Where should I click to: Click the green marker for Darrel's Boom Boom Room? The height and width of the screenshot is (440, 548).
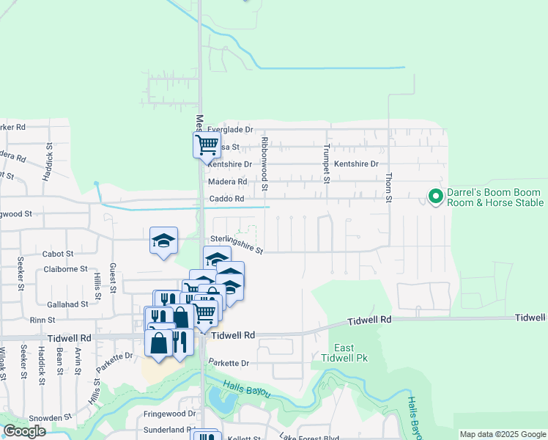[434, 197]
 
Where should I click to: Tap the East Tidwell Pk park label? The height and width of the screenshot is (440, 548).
[343, 353]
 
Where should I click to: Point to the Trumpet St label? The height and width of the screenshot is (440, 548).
[327, 164]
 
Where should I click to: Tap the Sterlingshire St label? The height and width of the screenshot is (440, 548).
[237, 244]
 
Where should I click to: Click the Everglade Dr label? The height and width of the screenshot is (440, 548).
[230, 129]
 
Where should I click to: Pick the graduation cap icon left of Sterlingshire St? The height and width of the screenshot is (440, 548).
[164, 240]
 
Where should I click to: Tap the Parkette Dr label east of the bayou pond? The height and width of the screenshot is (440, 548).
[229, 363]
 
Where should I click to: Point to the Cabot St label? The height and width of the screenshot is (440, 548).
[58, 254]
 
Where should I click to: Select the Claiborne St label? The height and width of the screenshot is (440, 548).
[65, 269]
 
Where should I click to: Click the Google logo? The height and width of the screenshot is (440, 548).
[24, 431]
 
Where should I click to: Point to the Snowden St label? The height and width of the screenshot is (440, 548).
[50, 417]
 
